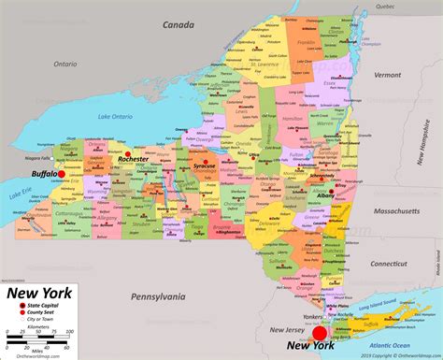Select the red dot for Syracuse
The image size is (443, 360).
tap(204, 157)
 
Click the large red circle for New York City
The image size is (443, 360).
tap(320, 334)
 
